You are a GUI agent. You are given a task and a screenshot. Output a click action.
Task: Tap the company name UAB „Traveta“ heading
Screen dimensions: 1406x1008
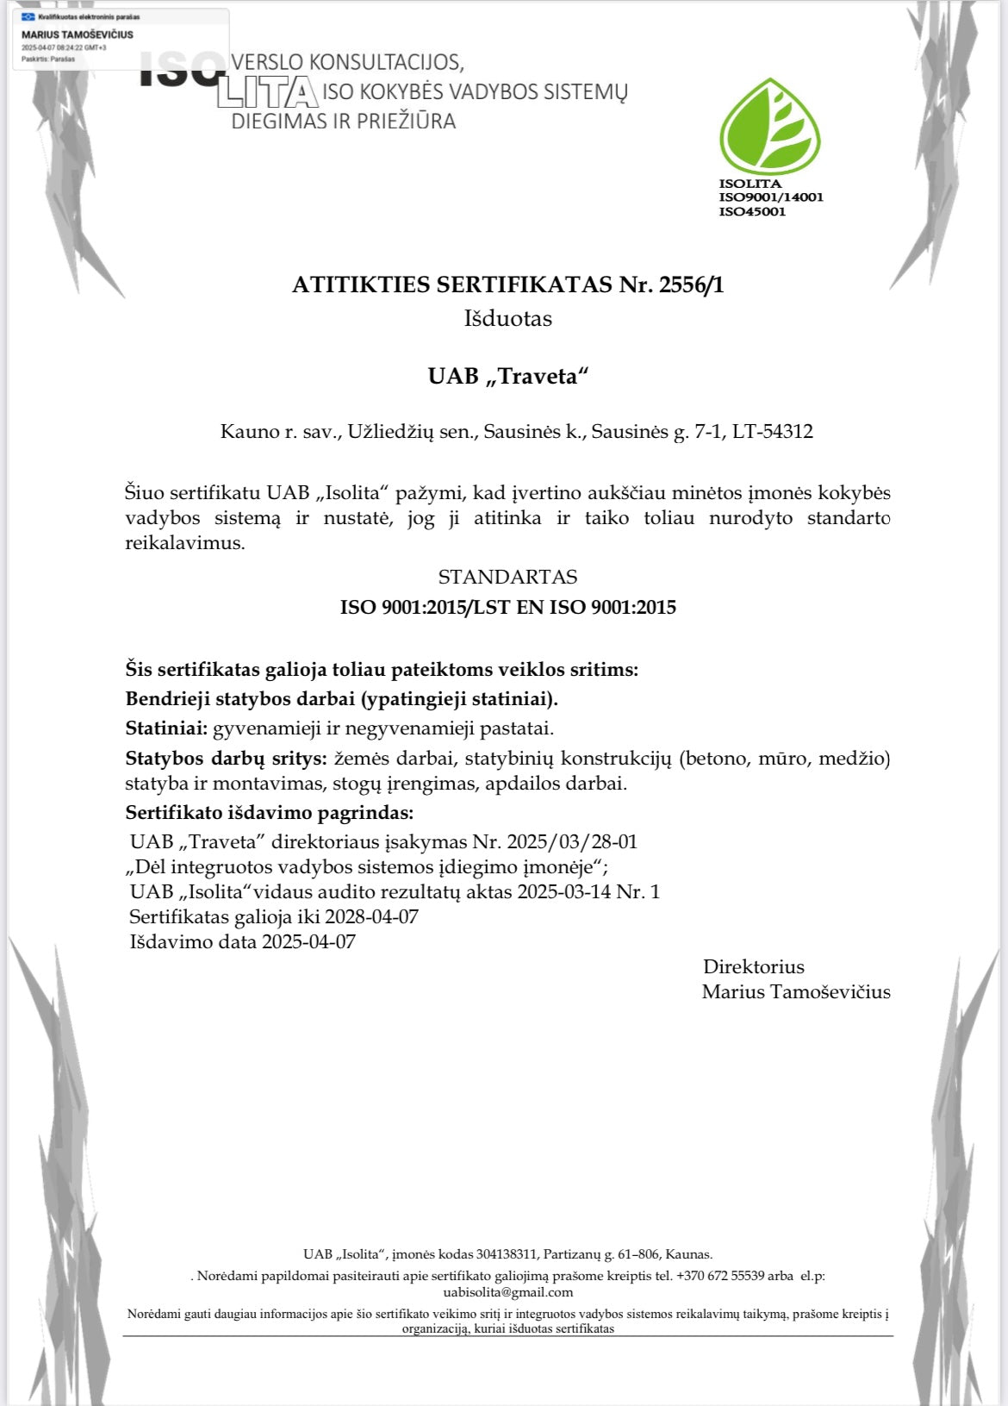(507, 376)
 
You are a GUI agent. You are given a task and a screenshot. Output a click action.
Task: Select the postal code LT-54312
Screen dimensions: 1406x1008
(772, 431)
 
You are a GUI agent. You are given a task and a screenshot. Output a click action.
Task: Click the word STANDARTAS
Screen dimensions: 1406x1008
(507, 577)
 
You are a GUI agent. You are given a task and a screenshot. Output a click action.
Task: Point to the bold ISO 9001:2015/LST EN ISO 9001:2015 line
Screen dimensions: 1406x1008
(507, 607)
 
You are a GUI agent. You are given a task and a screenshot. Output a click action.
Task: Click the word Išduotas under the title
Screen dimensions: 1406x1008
(507, 318)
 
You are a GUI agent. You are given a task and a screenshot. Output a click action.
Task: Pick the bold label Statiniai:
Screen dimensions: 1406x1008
(166, 728)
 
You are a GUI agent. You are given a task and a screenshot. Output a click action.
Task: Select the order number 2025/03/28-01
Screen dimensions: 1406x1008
(572, 841)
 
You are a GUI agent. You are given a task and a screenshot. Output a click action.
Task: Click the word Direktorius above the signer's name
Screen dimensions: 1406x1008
(753, 966)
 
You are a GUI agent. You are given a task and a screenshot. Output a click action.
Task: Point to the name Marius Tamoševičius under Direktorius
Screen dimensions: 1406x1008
(795, 991)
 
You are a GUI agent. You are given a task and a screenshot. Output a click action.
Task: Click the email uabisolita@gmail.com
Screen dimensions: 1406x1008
(507, 1292)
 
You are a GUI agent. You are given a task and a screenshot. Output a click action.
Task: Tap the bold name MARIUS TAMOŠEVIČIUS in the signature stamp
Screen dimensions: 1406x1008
(78, 34)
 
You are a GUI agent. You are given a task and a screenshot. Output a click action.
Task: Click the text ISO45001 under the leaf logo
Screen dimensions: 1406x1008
(752, 212)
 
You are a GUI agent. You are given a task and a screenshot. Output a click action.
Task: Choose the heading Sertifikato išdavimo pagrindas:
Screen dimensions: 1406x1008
(269, 812)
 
